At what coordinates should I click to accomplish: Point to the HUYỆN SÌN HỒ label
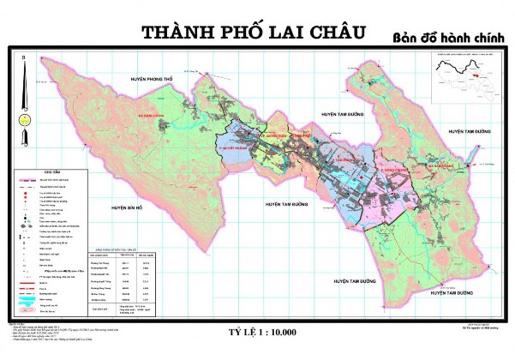[121, 207]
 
